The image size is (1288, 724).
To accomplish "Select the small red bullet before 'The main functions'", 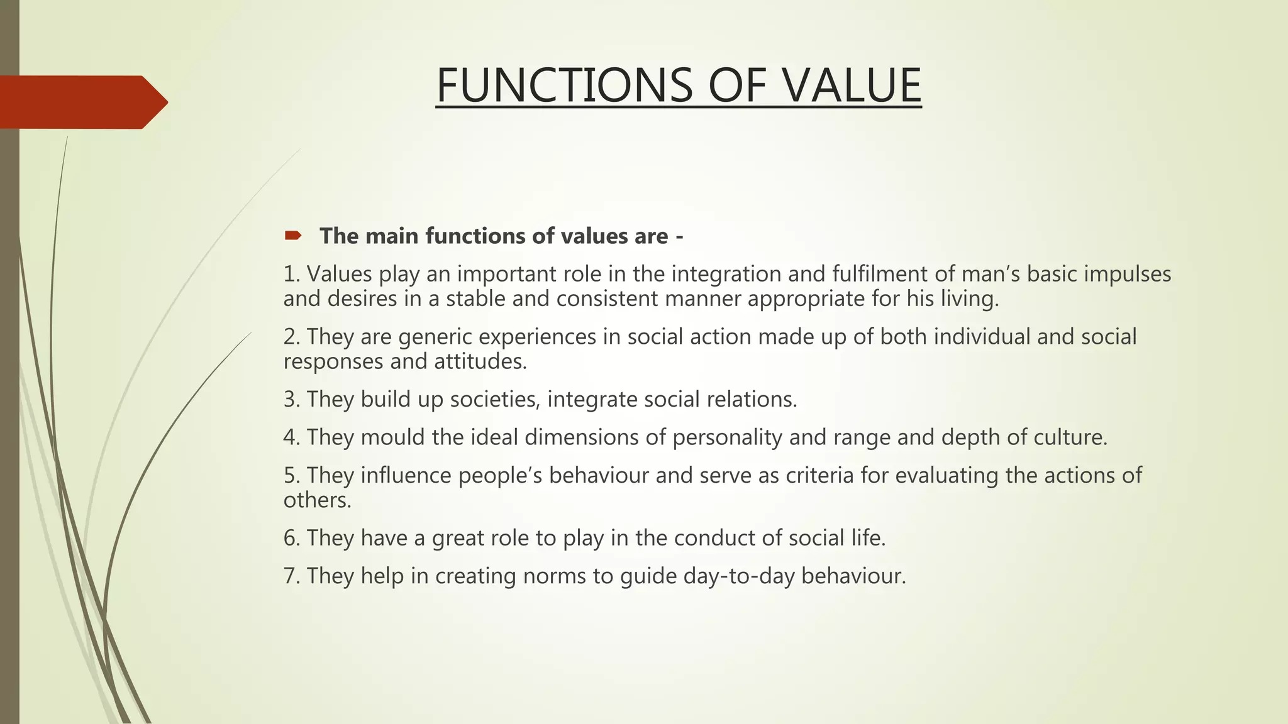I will pyautogui.click(x=292, y=236).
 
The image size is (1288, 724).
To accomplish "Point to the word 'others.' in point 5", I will pyautogui.click(x=317, y=500).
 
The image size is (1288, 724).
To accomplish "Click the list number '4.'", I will pyautogui.click(x=291, y=437).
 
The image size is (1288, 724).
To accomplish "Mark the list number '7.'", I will pyautogui.click(x=291, y=576).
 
